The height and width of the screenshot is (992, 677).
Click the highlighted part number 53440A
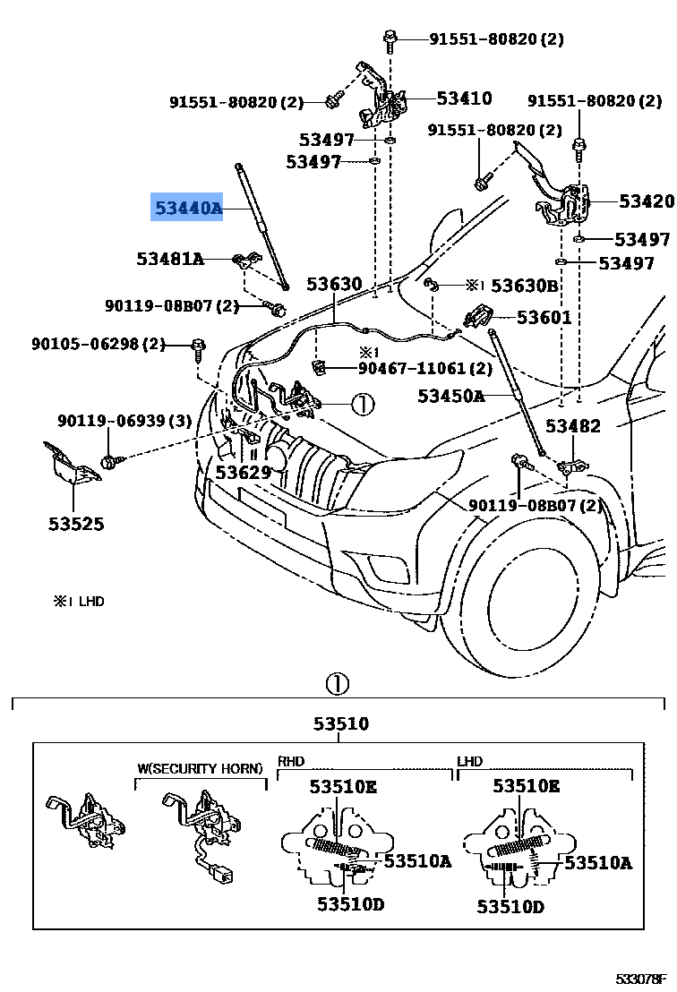click(x=186, y=209)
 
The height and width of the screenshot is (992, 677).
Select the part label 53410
click(x=464, y=98)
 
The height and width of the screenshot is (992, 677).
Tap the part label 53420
click(x=646, y=201)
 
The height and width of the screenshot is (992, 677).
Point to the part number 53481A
click(x=170, y=259)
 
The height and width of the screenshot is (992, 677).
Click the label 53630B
click(x=525, y=286)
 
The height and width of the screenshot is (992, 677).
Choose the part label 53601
click(x=544, y=318)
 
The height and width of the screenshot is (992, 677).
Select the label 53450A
click(x=450, y=396)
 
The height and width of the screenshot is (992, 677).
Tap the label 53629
click(x=243, y=471)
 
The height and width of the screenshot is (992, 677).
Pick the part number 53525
click(x=76, y=523)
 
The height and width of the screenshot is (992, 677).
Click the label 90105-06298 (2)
click(x=99, y=344)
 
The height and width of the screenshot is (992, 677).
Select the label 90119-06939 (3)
click(x=124, y=421)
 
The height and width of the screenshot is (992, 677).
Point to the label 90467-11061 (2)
click(x=425, y=368)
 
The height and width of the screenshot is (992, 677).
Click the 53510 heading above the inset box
click(x=340, y=723)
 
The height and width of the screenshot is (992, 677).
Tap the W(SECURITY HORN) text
click(x=200, y=768)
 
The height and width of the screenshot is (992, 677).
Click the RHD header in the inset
click(x=291, y=762)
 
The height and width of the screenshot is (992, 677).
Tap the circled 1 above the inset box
click(x=336, y=685)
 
